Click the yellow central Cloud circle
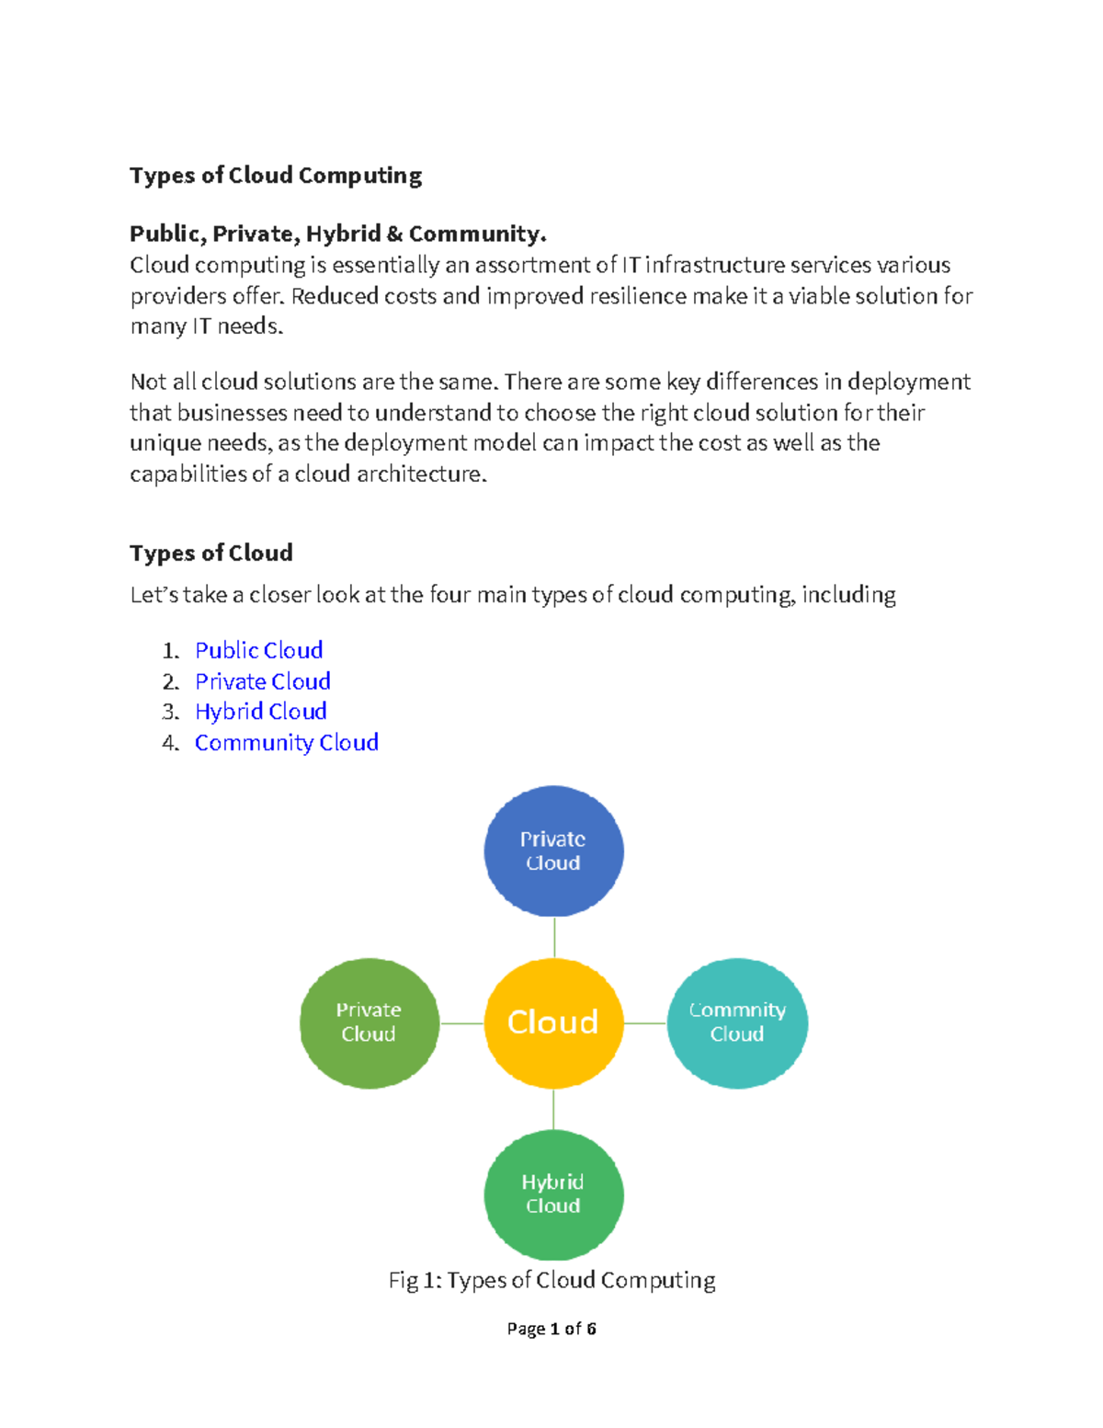point(553,1022)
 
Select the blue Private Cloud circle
point(553,851)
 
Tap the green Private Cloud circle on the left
point(370,1022)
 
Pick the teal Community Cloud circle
point(737,1022)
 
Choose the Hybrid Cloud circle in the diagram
point(553,1194)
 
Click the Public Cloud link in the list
point(258,650)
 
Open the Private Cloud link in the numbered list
point(262,681)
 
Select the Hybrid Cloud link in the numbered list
point(260,712)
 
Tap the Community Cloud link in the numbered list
point(286,743)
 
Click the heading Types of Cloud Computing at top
point(276,176)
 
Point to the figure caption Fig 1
point(551,1280)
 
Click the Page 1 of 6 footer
point(551,1329)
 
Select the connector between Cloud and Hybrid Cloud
point(553,1109)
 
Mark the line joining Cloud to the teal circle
point(645,1022)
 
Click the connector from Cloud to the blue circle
point(554,937)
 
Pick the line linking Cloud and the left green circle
point(461,1022)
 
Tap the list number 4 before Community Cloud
point(170,743)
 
